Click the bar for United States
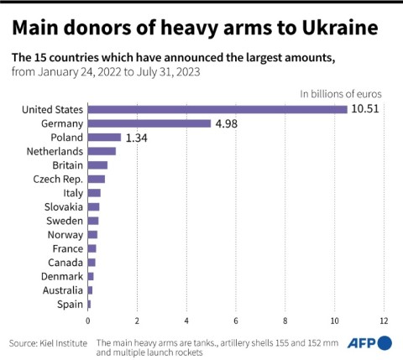pos(217,109)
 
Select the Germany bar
pos(149,123)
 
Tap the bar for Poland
pos(104,137)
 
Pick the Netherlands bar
pos(102,151)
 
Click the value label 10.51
pos(365,109)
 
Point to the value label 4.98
pos(228,123)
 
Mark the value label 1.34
pos(138,137)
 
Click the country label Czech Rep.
pos(57,179)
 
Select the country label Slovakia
pos(64,206)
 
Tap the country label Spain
pos(70,304)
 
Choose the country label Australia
pos(63,290)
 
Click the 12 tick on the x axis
pos(384,320)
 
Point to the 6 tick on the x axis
pos(236,320)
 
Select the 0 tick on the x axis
pos(87,320)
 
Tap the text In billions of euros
pos(342,93)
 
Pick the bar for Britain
pos(97,164)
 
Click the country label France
pos(67,248)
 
